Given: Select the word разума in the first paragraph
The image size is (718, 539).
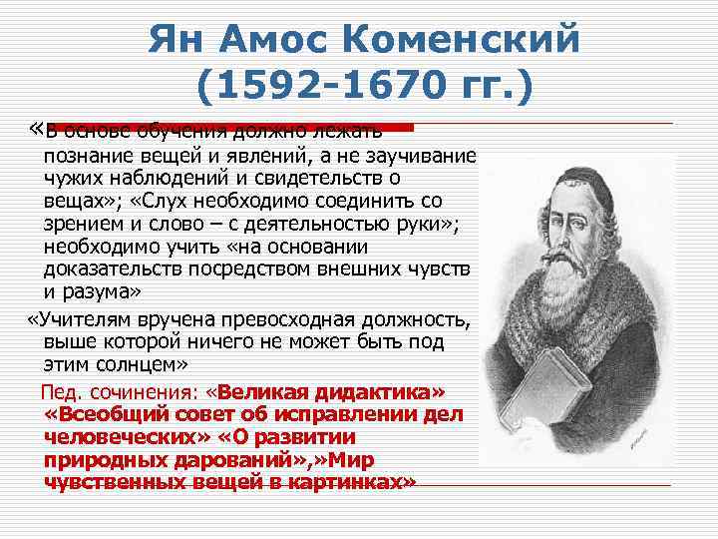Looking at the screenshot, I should [x=105, y=290].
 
